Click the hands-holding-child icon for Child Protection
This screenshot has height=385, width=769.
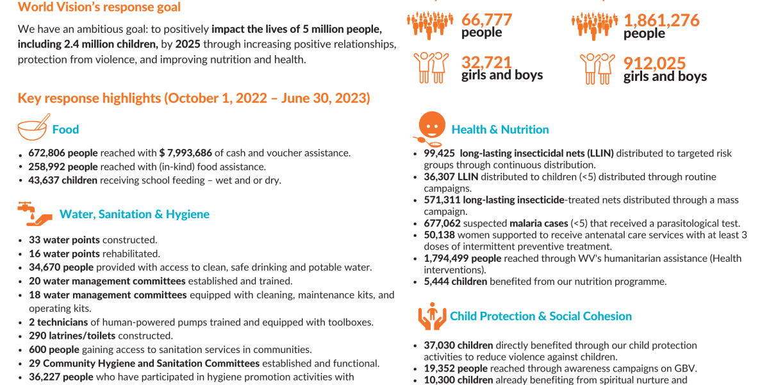pos(431,316)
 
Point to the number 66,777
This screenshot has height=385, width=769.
pos(486,21)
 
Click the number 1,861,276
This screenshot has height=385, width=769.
pos(661,21)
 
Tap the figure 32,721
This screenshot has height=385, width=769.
pos(486,62)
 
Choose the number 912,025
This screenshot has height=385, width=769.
pos(654,63)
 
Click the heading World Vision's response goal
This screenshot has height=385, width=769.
pos(99,8)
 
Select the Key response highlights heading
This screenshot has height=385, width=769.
pos(194,98)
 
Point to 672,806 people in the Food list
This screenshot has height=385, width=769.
pos(63,153)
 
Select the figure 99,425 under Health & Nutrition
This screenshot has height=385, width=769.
pos(440,153)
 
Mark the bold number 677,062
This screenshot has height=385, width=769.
pos(442,223)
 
